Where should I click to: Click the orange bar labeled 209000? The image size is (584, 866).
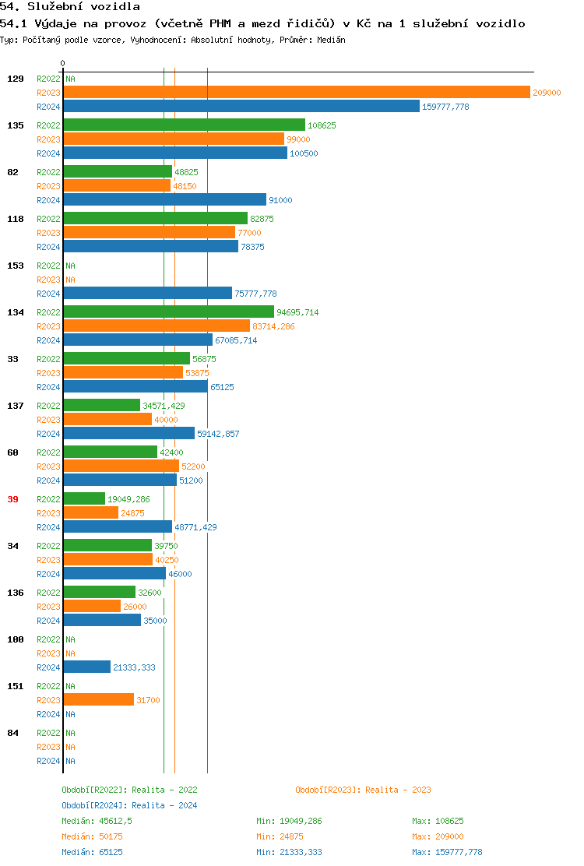click(297, 93)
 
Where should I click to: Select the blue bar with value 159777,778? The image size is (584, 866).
click(241, 107)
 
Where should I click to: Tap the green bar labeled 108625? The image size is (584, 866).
click(184, 125)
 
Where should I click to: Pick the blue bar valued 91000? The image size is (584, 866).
click(164, 199)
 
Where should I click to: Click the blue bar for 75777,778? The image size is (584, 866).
click(148, 293)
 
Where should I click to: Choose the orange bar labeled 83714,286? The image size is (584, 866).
click(157, 326)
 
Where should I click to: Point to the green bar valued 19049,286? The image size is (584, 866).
click(84, 498)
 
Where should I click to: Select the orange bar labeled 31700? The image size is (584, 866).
click(99, 699)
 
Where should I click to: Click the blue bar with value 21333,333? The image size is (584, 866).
click(87, 667)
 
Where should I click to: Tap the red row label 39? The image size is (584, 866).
click(12, 499)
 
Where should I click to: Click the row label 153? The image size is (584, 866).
click(16, 266)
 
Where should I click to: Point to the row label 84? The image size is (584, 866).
click(12, 733)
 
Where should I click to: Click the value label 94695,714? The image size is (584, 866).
click(297, 312)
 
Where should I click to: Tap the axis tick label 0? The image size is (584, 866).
click(63, 63)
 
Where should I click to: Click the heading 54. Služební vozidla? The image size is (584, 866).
click(70, 7)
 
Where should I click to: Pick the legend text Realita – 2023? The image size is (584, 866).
click(398, 790)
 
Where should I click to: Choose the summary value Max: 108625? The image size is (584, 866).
click(438, 821)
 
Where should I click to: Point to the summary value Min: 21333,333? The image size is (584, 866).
click(289, 852)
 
